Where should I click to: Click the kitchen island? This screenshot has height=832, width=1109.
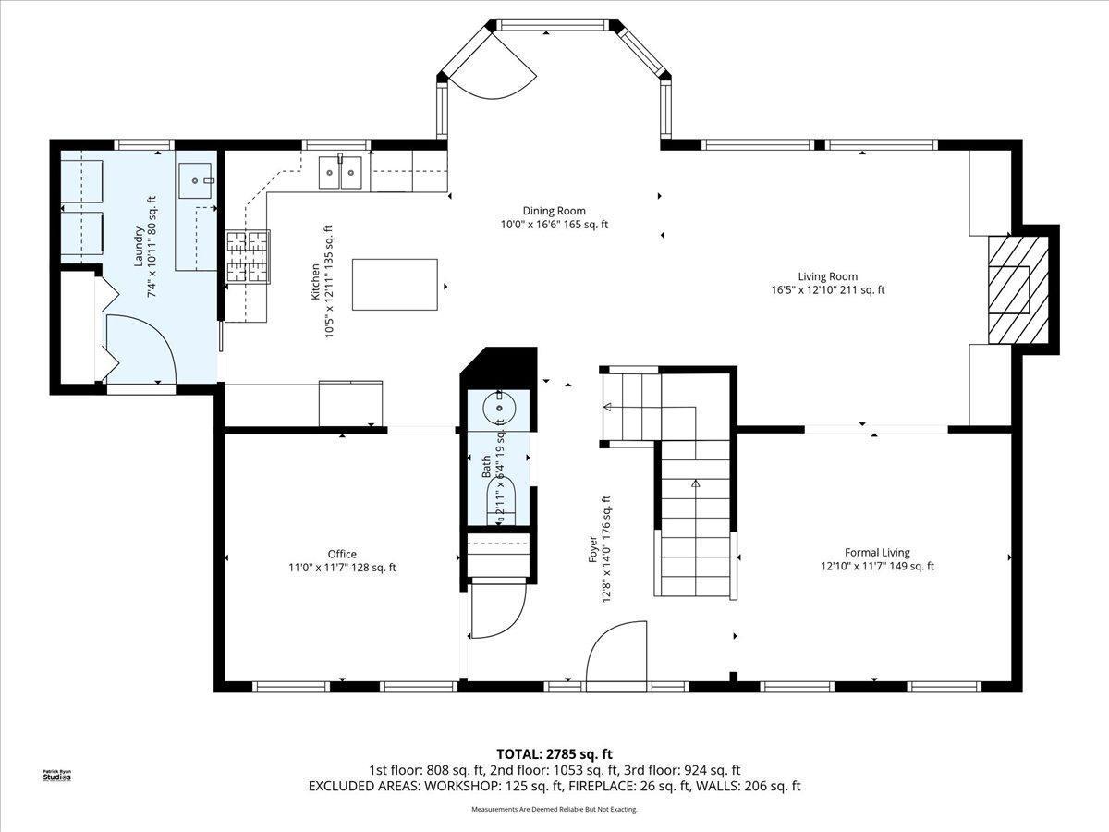(395, 285)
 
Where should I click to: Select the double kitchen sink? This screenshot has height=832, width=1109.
(340, 173)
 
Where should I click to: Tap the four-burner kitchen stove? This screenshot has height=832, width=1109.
(247, 256)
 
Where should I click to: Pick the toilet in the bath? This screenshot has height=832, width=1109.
(499, 500)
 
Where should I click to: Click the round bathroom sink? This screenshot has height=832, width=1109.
(499, 406)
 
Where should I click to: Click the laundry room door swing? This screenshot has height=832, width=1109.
(139, 348)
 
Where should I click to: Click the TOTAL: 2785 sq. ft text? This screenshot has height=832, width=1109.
(554, 754)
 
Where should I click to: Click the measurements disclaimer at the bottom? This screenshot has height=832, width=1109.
(554, 810)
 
